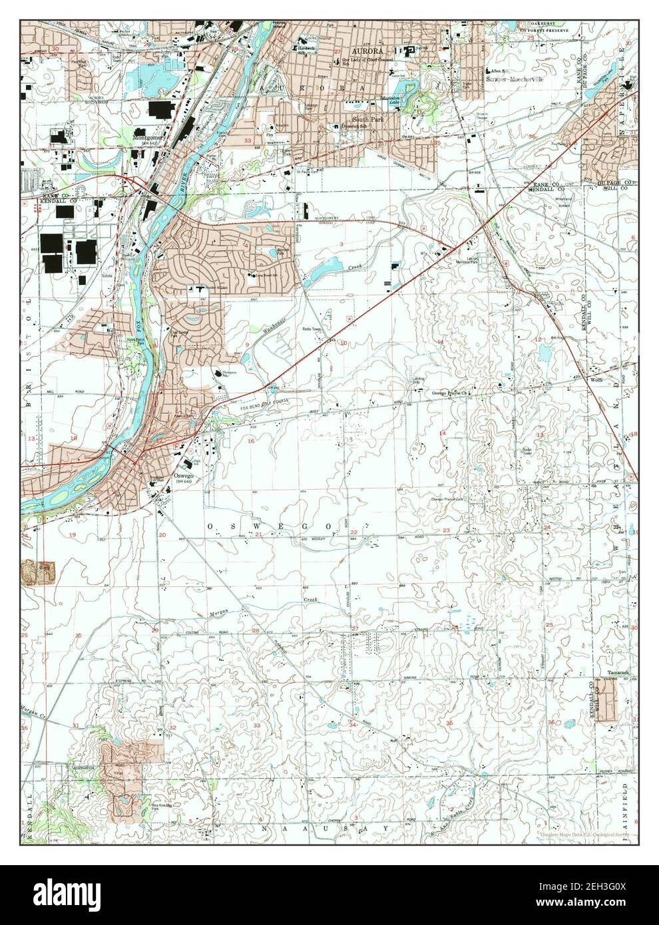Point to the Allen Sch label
[499, 69]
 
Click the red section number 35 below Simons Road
[449, 723]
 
